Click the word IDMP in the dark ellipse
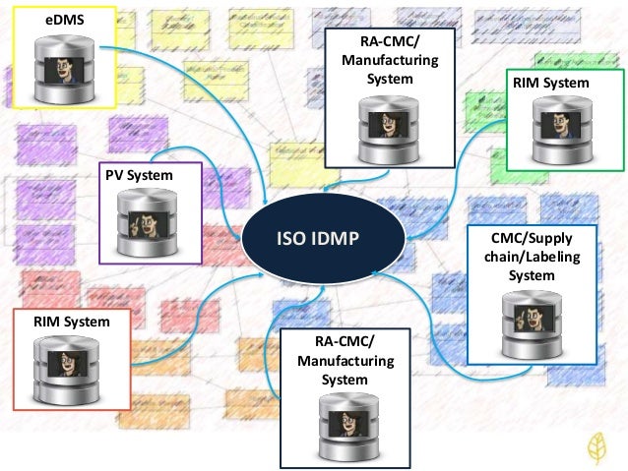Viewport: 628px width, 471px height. pos(340,239)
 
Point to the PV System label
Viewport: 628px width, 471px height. pos(138,175)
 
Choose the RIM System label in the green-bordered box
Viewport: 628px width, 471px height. pos(550,84)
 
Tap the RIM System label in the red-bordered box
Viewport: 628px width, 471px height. pos(70,321)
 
